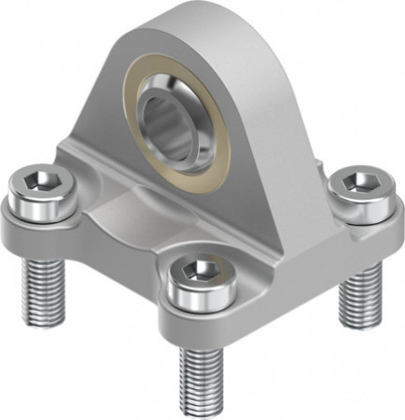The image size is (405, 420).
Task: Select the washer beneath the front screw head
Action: (202, 300)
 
